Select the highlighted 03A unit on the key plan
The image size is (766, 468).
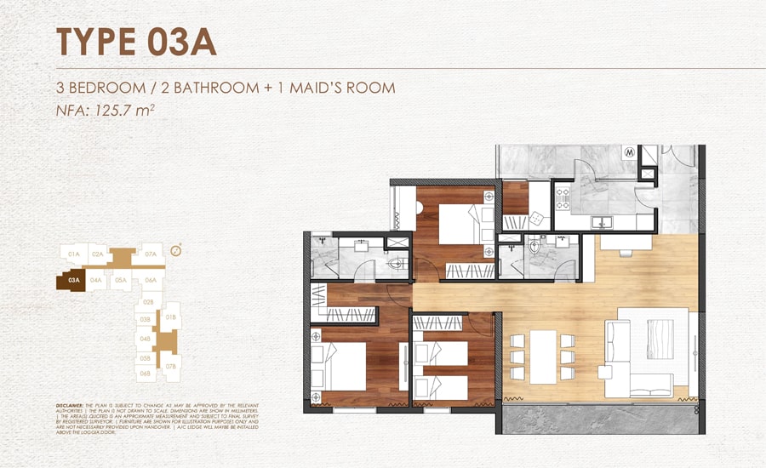[72, 279]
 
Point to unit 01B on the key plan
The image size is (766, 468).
[170, 318]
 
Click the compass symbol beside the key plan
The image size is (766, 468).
[175, 250]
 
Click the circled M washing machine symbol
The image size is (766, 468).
[631, 154]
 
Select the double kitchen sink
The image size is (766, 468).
[606, 223]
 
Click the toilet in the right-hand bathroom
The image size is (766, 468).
[534, 248]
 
